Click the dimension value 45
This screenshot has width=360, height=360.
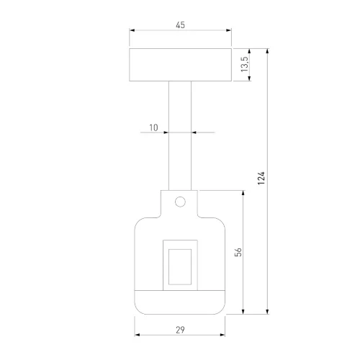(180, 25)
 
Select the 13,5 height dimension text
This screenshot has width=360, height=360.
(244, 65)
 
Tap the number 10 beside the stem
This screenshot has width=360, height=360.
(153, 127)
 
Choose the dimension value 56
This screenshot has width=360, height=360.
(238, 252)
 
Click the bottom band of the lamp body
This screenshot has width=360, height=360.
(180, 301)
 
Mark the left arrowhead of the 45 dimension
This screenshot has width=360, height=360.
(132, 31)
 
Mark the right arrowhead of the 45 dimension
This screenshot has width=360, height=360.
(229, 31)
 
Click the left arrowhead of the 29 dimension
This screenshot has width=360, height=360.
(138, 336)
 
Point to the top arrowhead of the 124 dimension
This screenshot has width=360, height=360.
(268, 51)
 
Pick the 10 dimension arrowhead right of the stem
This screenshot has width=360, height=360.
(196, 132)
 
